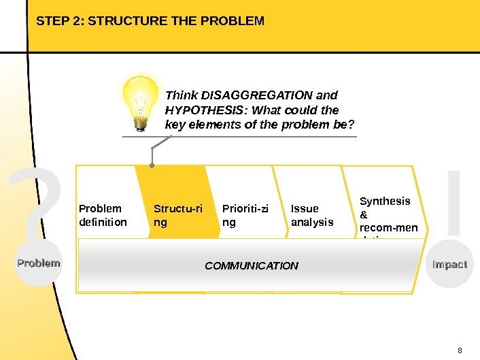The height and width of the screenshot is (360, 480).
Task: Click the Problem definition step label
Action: coord(103,215)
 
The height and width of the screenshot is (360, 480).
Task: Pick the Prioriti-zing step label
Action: coord(245,215)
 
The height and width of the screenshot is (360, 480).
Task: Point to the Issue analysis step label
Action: coord(311,215)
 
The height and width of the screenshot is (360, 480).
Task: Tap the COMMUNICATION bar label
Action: coord(252,265)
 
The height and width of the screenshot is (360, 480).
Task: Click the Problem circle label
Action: coord(39,263)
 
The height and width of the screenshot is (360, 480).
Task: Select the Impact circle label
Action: coord(449,264)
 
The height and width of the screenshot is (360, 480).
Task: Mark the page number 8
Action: coord(460,350)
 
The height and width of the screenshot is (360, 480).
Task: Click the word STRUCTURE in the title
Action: coord(126,21)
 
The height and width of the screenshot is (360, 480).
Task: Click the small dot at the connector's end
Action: coord(152,165)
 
